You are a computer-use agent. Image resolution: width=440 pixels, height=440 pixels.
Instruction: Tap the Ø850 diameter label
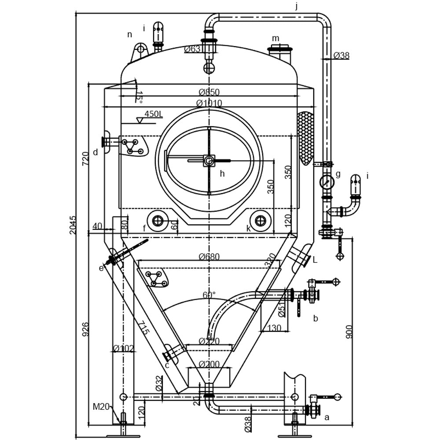pos(209,92)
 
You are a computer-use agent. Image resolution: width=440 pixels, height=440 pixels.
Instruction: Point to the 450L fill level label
pos(154,114)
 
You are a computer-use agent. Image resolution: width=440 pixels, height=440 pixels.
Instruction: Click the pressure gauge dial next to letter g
pos(326,181)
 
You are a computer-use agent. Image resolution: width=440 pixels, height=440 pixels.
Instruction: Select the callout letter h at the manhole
pos(222,174)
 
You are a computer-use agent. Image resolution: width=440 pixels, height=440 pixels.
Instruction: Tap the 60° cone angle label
pos(209,295)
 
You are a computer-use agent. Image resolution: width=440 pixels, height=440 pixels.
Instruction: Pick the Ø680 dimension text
pos(209,257)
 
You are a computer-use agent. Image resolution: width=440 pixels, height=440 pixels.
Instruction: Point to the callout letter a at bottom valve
pos(326,418)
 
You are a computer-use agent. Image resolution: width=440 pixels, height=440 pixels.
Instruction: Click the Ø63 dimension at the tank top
pos(193,49)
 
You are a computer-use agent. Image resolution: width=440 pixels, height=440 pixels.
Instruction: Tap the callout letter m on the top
pos(275,38)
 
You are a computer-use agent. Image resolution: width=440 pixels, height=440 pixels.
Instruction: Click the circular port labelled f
pos(158,220)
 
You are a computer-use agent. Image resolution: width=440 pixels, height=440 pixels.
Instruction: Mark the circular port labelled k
pos(260,220)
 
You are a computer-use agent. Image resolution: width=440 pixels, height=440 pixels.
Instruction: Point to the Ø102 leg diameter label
pos(123,348)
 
